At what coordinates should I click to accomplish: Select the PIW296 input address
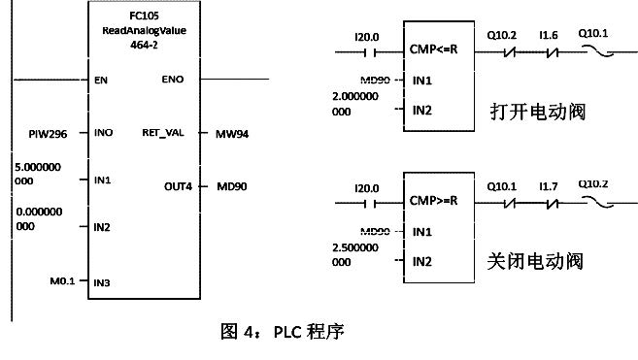(37, 131)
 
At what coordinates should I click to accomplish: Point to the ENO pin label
(172, 80)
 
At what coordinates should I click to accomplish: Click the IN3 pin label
(102, 283)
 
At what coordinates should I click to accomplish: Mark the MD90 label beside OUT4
(232, 184)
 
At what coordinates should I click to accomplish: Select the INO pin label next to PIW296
(102, 131)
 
